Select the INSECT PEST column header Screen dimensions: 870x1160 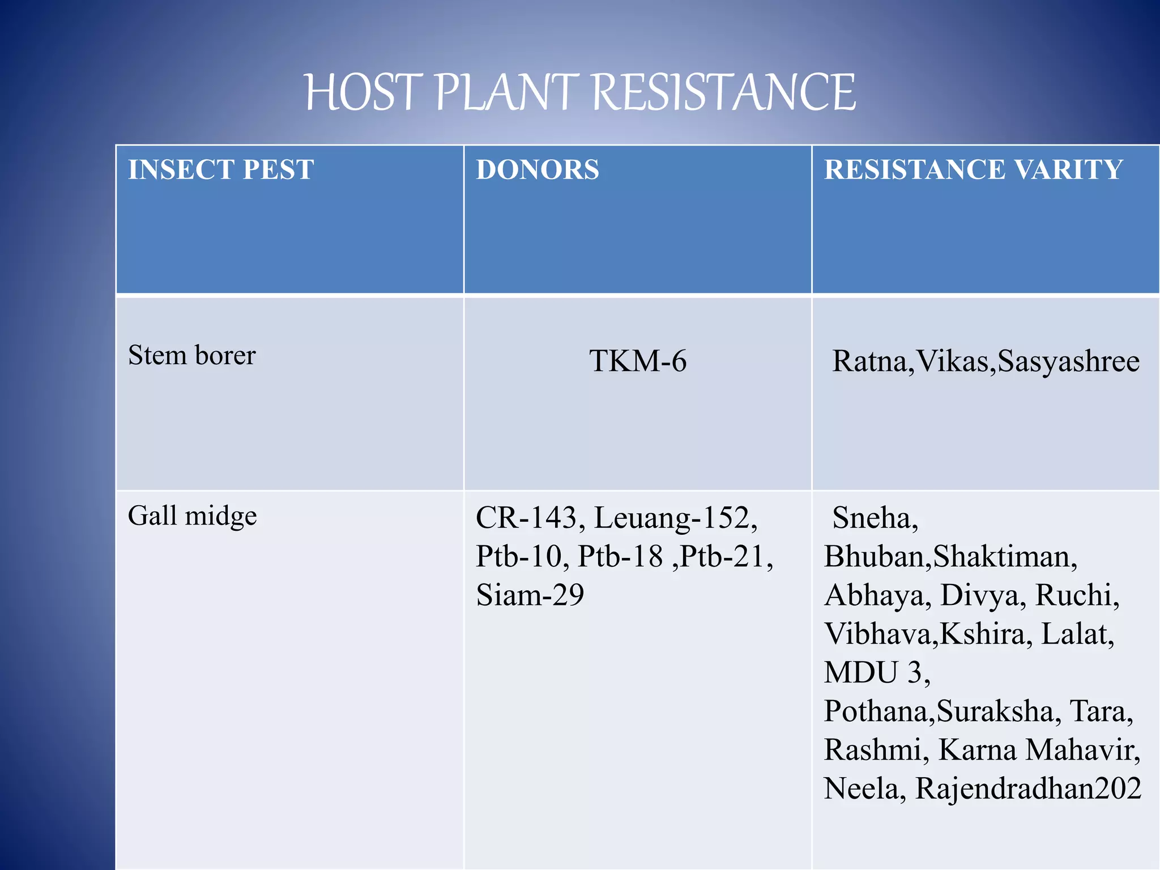pyautogui.click(x=221, y=169)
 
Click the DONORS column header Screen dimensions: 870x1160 pyautogui.click(x=537, y=169)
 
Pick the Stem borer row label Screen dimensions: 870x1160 pyautogui.click(x=191, y=356)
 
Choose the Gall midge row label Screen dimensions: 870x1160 pyautogui.click(x=192, y=516)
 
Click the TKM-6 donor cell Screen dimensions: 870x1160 pyautogui.click(x=638, y=361)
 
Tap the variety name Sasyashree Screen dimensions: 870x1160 pyautogui.click(x=1068, y=361)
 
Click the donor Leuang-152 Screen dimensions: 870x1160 pyautogui.click(x=674, y=518)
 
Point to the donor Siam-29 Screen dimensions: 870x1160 pyautogui.click(x=530, y=595)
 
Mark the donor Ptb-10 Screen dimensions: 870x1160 pyautogui.click(x=521, y=556)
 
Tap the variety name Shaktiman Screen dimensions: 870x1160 pyautogui.click(x=1004, y=556)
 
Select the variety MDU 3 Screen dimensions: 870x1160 pyautogui.click(x=876, y=672)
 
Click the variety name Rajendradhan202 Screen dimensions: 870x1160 pyautogui.click(x=1028, y=788)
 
